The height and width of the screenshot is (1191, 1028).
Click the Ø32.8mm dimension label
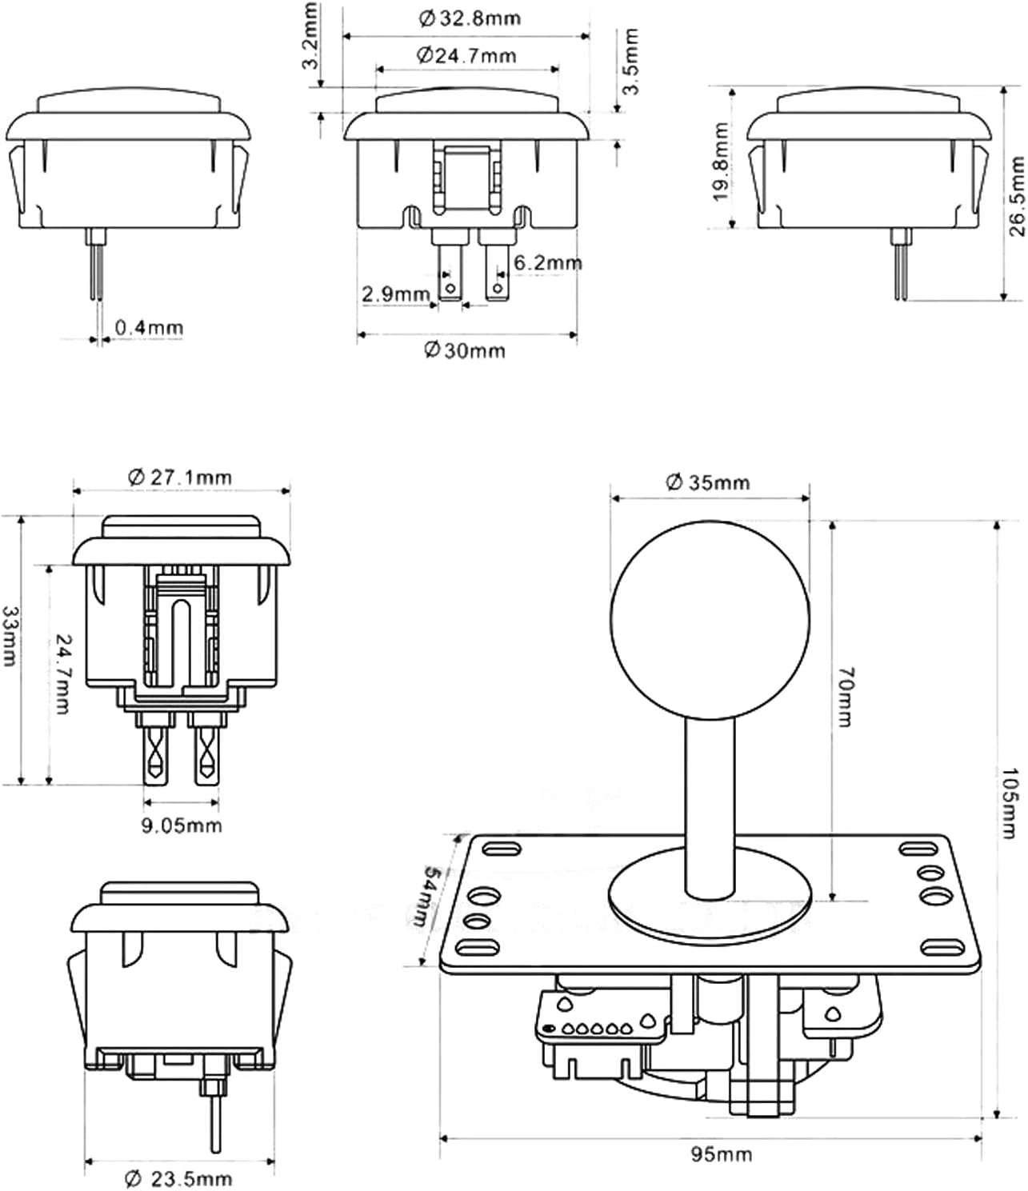tap(470, 19)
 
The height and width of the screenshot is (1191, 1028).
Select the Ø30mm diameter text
tap(466, 350)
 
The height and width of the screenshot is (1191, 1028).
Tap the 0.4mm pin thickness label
tap(149, 327)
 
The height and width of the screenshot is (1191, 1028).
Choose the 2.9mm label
tap(396, 294)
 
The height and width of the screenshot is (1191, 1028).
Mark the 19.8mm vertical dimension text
tap(720, 162)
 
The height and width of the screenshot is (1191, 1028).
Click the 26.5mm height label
tap(1016, 197)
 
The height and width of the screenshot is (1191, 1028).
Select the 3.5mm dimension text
tap(631, 62)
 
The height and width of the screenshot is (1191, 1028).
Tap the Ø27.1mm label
tap(181, 478)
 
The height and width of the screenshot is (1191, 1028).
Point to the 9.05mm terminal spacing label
tap(182, 825)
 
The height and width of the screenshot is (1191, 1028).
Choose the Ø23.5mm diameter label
tap(179, 1177)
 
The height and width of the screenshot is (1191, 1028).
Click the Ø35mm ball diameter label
tap(708, 482)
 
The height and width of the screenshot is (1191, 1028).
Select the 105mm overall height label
tap(1010, 804)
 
